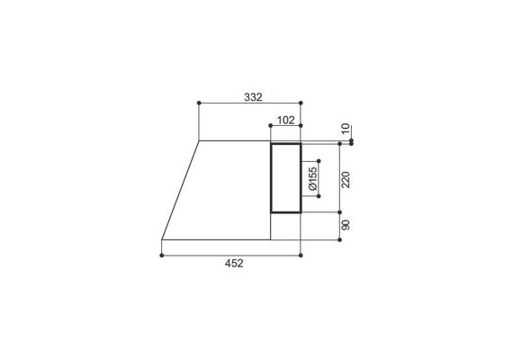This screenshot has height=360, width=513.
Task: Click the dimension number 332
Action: [x=253, y=97]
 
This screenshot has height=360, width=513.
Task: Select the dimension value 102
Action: [x=286, y=120]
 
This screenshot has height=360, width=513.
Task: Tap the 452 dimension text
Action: [x=234, y=263]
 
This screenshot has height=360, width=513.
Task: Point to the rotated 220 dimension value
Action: [x=346, y=179]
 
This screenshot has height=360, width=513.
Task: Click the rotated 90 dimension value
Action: [x=346, y=225]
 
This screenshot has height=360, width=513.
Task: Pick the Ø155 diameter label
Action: [x=313, y=178]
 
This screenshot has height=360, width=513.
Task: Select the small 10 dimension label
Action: [x=346, y=129]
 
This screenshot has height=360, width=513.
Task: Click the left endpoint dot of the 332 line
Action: [x=199, y=103]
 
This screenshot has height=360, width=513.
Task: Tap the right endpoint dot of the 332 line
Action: [x=301, y=103]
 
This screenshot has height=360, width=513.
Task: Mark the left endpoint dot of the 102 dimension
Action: [x=270, y=125]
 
